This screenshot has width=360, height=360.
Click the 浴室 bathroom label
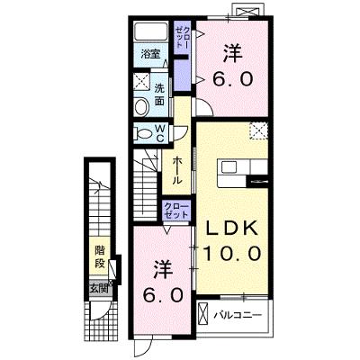[151, 54]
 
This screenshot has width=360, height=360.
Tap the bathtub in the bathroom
[152, 31]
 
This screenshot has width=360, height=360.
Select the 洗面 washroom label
[159, 94]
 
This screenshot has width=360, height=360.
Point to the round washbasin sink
[141, 107]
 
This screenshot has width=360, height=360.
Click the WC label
[159, 133]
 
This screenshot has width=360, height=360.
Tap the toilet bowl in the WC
[143, 133]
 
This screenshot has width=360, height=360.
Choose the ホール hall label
[176, 171]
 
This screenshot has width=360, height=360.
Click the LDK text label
[232, 229]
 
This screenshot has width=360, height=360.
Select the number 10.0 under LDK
[231, 254]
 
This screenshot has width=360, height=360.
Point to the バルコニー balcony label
[238, 315]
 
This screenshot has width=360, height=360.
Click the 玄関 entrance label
[98, 289]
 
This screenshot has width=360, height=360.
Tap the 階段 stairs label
[100, 256]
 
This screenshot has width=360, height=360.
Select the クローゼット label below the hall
[176, 211]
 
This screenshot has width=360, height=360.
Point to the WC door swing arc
[182, 132]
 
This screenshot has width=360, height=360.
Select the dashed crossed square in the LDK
[258, 130]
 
